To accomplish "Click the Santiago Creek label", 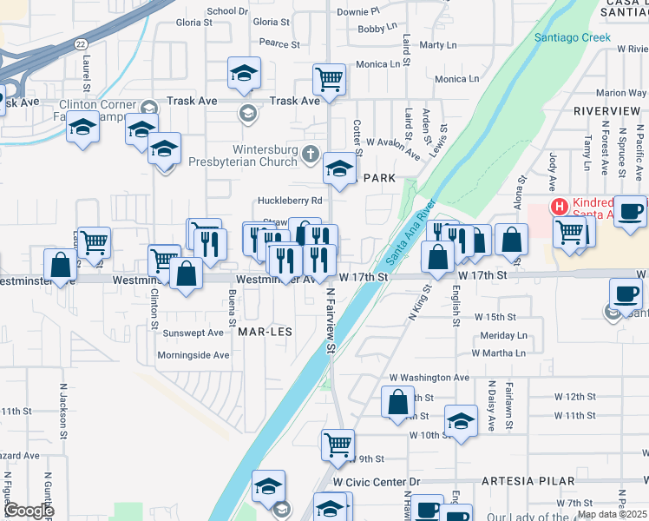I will [x=572, y=37].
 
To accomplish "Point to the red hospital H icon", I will [x=560, y=207].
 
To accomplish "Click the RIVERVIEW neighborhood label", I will [x=606, y=112].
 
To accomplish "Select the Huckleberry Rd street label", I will [x=290, y=201].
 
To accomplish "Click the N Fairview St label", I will [x=331, y=321].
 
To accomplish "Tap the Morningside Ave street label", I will [x=193, y=355].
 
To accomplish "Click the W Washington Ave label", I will [x=429, y=378].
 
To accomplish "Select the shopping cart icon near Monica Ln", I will [x=329, y=80].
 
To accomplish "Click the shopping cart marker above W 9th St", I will [x=338, y=445].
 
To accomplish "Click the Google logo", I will [x=29, y=511].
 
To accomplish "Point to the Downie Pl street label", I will [x=358, y=12].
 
